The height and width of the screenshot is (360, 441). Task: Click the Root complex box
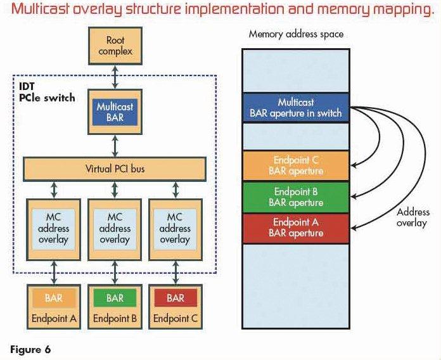tap(115, 46)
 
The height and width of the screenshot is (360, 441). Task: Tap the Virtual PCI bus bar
tap(115, 169)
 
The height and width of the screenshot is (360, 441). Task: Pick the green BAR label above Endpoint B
tap(115, 297)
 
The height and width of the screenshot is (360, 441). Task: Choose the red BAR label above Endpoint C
tap(175, 297)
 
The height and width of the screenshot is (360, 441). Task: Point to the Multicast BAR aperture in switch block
tap(296, 108)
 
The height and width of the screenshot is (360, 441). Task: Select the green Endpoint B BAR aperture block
tap(296, 197)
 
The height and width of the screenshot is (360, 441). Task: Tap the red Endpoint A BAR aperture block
tap(296, 228)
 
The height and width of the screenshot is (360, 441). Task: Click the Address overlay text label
tap(413, 217)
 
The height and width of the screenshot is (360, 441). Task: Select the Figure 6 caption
tap(29, 349)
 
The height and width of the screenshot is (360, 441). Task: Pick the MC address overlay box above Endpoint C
tap(175, 228)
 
